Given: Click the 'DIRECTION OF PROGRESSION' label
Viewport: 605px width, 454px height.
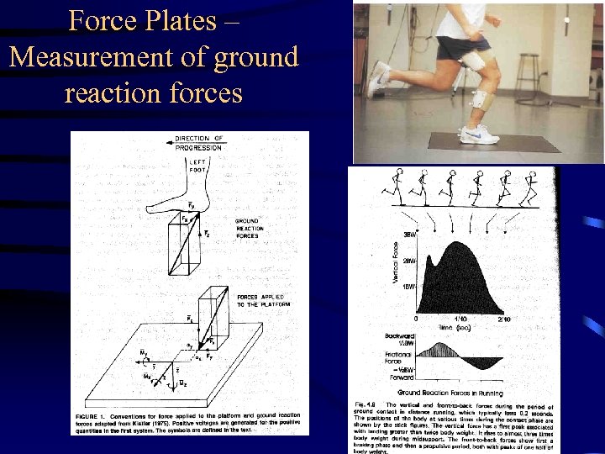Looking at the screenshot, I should click(199, 143).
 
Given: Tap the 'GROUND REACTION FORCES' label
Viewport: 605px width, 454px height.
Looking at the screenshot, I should click(250, 229).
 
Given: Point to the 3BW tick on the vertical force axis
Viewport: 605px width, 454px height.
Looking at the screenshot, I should click(410, 235).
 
